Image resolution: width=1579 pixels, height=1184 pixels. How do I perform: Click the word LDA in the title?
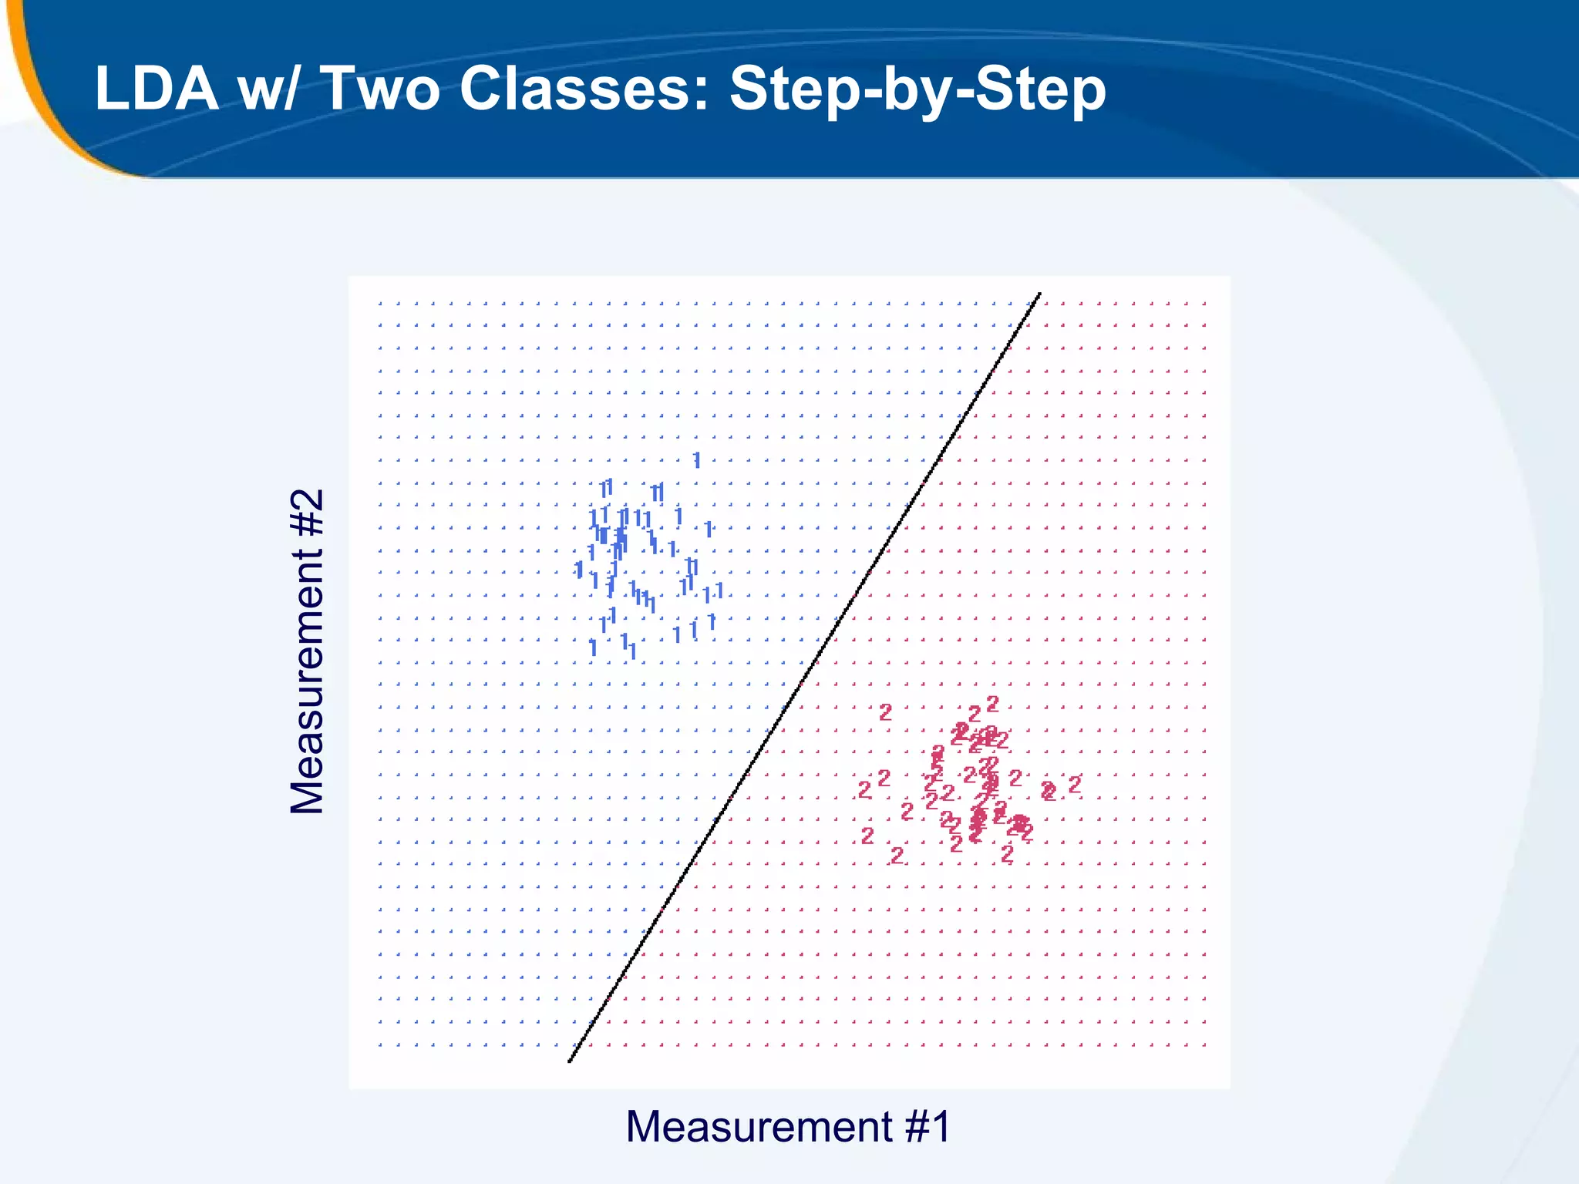click(x=157, y=89)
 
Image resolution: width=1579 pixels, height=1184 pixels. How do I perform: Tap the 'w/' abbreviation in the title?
click(x=266, y=89)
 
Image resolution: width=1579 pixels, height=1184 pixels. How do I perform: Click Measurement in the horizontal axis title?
click(x=759, y=1127)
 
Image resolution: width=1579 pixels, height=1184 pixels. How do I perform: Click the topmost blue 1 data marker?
click(x=697, y=460)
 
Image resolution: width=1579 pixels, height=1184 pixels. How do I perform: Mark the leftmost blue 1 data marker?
click(x=579, y=570)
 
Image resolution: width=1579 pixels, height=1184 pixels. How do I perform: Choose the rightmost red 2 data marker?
click(x=1075, y=785)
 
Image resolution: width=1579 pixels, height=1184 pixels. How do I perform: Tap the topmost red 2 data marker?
click(x=993, y=703)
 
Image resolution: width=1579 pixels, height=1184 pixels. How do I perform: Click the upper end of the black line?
click(x=1040, y=294)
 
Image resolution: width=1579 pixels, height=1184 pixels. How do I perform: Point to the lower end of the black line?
click(x=570, y=1061)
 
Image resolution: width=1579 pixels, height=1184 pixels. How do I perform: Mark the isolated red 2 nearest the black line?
click(x=864, y=790)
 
